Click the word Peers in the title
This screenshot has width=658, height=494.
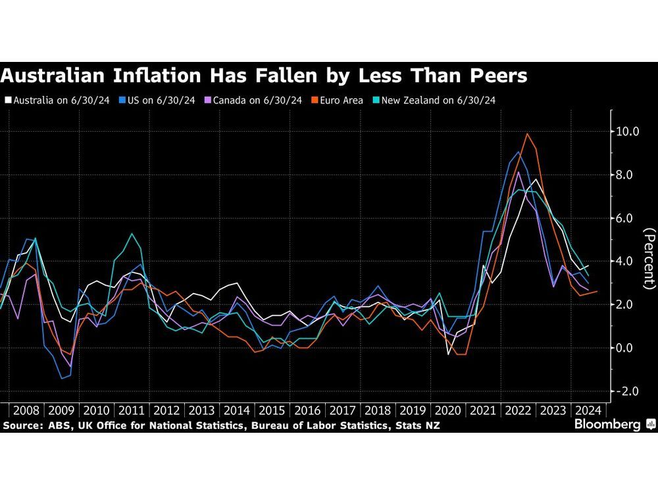493,76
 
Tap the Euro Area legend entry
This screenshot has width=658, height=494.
338,100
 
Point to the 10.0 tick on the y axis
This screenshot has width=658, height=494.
626,132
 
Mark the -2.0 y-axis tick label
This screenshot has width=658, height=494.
626,391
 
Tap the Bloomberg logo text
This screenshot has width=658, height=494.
609,425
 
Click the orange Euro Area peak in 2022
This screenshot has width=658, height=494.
526,134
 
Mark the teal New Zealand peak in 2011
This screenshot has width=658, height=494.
132,234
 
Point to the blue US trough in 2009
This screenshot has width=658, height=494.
62,378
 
